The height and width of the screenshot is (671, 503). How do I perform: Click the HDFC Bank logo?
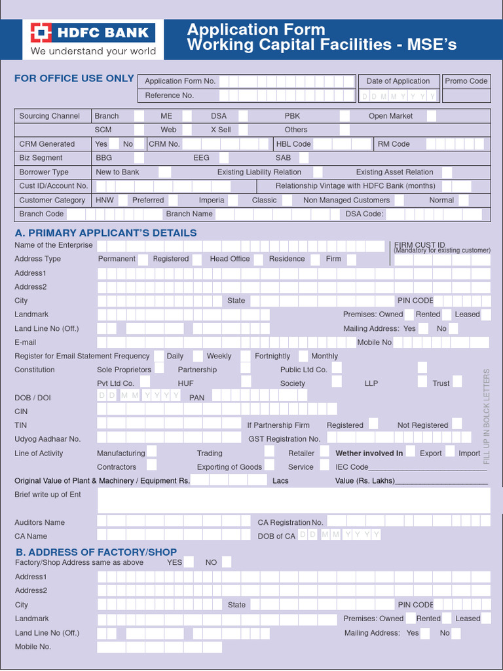click(x=92, y=39)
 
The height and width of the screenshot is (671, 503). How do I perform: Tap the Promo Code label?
click(x=466, y=81)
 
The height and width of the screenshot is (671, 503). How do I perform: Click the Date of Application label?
click(x=398, y=81)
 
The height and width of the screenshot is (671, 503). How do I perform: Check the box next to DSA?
click(x=243, y=116)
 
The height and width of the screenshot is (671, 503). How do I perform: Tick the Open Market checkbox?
click(x=432, y=116)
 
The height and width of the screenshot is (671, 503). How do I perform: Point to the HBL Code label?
click(x=293, y=144)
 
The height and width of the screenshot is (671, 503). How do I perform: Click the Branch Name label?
click(x=189, y=214)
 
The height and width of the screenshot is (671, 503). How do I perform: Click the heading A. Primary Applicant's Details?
click(x=105, y=233)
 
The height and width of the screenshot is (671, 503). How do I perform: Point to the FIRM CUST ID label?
click(x=419, y=244)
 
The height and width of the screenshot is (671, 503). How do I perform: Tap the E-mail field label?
click(x=26, y=343)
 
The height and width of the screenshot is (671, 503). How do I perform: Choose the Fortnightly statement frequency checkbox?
click(x=302, y=356)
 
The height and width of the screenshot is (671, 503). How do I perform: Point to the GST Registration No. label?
click(x=284, y=439)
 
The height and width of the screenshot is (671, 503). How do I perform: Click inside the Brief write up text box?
click(x=293, y=500)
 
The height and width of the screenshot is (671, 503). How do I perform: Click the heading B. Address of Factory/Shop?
click(x=96, y=552)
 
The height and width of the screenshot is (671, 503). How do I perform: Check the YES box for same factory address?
click(x=189, y=562)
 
